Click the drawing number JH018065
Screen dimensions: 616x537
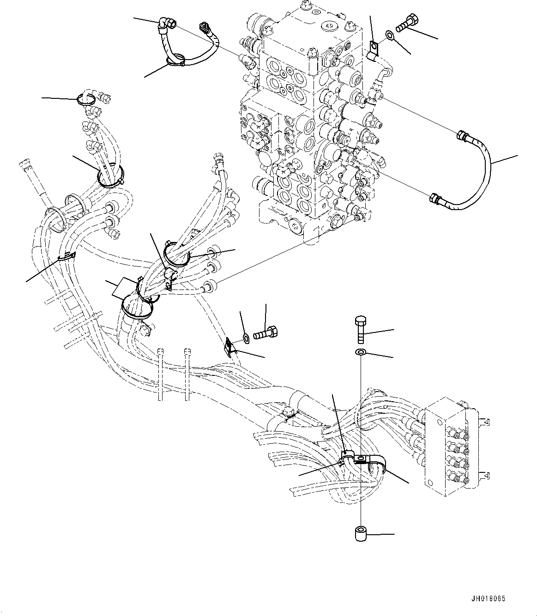coord(489,598)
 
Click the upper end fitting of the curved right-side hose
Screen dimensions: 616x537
coord(463,136)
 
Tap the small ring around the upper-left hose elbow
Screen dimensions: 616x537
coord(86,98)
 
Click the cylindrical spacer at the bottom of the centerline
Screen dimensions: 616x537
coord(361,535)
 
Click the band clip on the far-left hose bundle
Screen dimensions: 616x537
coord(67,255)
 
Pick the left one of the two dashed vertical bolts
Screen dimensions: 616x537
coord(160,374)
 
